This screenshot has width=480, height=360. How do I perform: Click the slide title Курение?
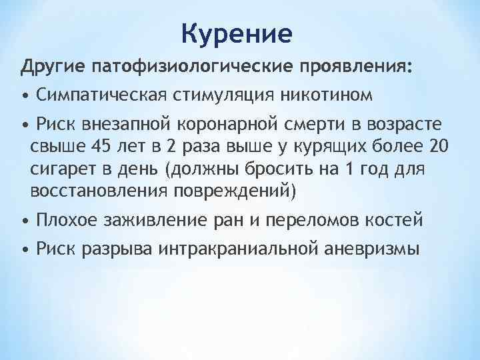[x=237, y=33]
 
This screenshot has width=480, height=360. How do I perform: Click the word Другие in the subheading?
[x=51, y=67]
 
